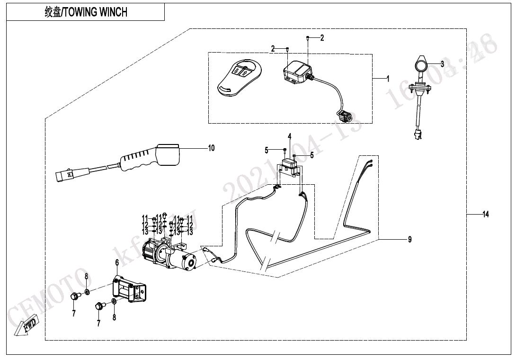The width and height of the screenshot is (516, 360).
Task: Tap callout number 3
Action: tap(442, 63)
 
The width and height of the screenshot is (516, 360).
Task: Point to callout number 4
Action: tap(289, 137)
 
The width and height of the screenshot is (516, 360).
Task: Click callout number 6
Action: tap(117, 262)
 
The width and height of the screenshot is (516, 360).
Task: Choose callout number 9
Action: tap(410, 239)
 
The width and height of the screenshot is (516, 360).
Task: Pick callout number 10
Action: tap(211, 148)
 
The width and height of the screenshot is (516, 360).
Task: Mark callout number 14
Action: tap(485, 215)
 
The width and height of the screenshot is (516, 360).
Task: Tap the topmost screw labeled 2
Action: tap(308, 37)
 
